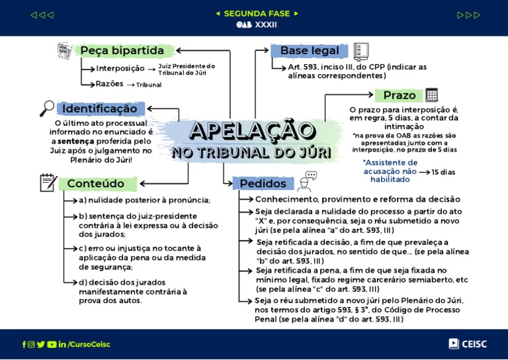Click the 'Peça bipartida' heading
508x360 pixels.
pos(122,51)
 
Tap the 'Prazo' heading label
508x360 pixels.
pos(399,95)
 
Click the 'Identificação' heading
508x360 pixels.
pos(101,109)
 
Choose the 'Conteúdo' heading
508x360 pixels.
pos(95,183)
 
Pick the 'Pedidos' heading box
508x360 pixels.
pos(263,183)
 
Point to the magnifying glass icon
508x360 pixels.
pos(47,108)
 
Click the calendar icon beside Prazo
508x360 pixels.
pos(432,95)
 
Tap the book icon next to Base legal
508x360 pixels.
pos(360,51)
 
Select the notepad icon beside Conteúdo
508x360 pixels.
pos(48,183)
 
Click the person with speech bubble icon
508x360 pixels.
pos(307,181)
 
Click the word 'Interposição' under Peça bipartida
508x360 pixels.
pos(120,69)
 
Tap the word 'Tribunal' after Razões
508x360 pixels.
pos(149,85)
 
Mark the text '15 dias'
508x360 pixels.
pos(443,172)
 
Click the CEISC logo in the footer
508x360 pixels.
pos(468,343)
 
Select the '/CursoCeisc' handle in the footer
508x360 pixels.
pos(89,344)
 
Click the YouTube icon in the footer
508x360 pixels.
pos(52,344)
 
